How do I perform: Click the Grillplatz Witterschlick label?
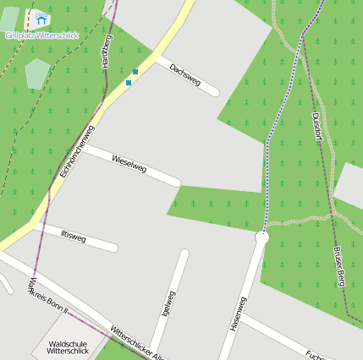click(x=41, y=35)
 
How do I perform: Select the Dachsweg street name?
click(x=184, y=74)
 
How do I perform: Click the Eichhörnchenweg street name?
click(x=76, y=151)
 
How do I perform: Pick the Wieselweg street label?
click(x=129, y=164)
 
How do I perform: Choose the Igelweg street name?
click(x=168, y=304)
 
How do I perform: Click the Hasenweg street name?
click(x=238, y=313)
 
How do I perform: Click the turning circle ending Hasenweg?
click(x=261, y=238)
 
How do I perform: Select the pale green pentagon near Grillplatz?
click(x=37, y=73)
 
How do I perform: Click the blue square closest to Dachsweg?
click(x=135, y=72)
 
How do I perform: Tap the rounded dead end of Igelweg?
click(x=184, y=253)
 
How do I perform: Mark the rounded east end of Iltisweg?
click(x=113, y=248)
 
